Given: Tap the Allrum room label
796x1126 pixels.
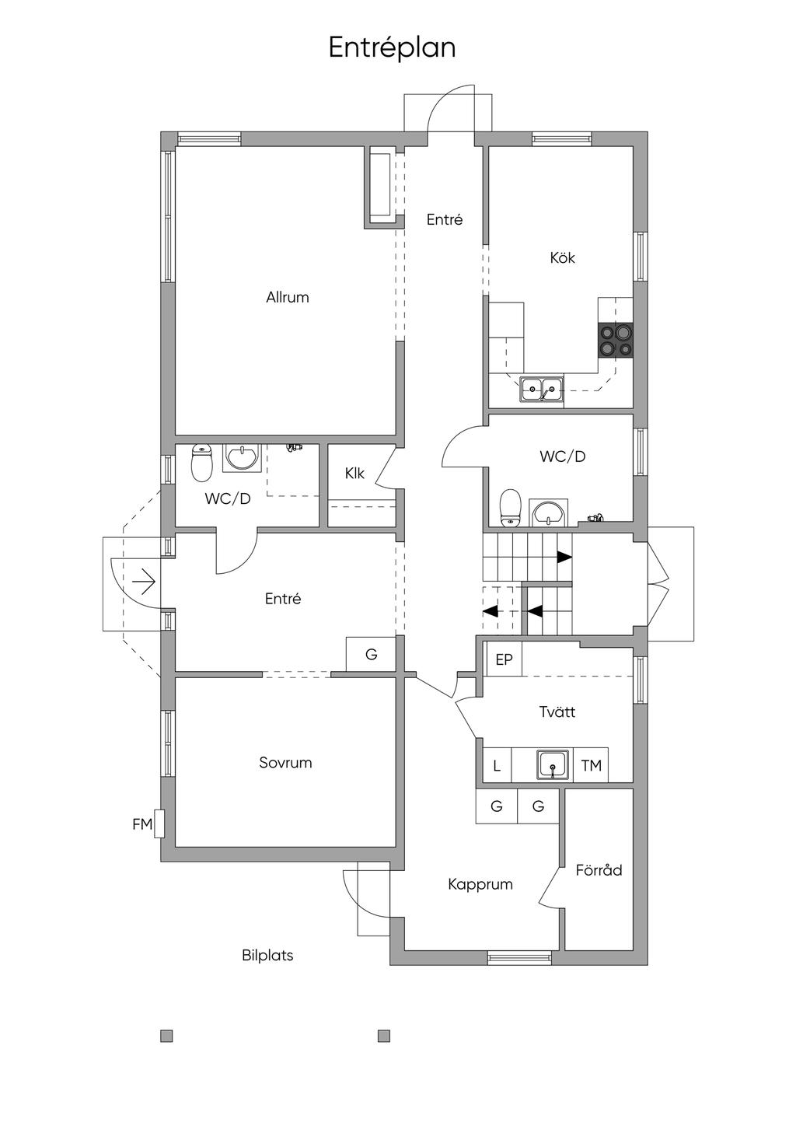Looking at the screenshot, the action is coord(288,297).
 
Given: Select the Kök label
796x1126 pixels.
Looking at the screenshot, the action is coord(562,258).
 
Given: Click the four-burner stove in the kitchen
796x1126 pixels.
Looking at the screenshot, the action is coord(616,341).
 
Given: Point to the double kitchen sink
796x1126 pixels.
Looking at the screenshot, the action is coord(541,388).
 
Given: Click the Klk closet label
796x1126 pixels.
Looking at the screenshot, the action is coord(354,473).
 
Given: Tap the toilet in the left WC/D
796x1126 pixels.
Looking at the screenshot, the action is coord(201,463).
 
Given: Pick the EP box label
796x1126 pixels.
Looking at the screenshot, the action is coord(504,659).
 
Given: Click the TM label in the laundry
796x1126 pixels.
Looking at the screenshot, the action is coord(591,766).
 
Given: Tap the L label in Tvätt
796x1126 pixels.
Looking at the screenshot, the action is coord(497,766).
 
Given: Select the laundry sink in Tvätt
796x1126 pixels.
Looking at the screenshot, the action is coord(553,764).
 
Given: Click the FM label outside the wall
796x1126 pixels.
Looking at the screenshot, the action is coord(142,824).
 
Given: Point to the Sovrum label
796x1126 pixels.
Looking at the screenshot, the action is coord(285,763).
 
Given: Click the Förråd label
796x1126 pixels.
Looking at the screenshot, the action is coord(599,869).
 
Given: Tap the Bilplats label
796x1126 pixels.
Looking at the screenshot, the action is coord(267,955).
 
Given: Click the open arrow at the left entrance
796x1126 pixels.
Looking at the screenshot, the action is coord(145,582).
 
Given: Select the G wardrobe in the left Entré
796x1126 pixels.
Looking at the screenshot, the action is coord(371,654).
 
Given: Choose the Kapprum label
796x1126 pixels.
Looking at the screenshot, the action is coord(480,884).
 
